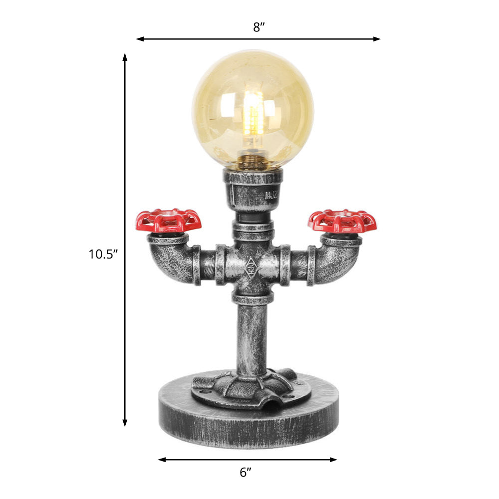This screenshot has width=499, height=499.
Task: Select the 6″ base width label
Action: [x=246, y=472]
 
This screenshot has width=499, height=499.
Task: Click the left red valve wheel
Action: [x=169, y=221]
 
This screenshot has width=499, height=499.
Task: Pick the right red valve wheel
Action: [x=342, y=221]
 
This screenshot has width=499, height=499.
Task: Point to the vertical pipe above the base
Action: [x=252, y=334]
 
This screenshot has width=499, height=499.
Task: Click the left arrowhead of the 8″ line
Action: [x=139, y=38]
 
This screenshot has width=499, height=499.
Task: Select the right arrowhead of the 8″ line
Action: [x=378, y=38]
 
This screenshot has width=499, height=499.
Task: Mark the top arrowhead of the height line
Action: [x=125, y=56]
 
